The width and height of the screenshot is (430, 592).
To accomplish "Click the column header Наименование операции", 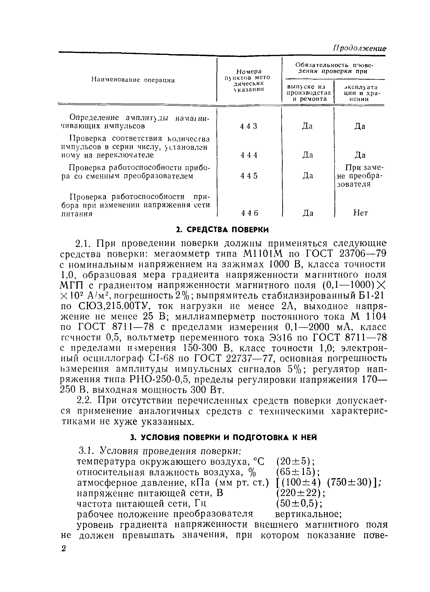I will [133, 80].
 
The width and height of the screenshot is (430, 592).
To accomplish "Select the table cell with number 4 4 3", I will [249, 126].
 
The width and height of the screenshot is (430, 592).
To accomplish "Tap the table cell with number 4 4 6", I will [249, 213].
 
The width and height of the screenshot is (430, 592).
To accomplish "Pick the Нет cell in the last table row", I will [360, 213].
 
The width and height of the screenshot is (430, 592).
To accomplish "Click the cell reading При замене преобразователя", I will [359, 176].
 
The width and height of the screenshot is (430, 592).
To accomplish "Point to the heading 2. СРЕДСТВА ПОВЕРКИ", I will [222, 230].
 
